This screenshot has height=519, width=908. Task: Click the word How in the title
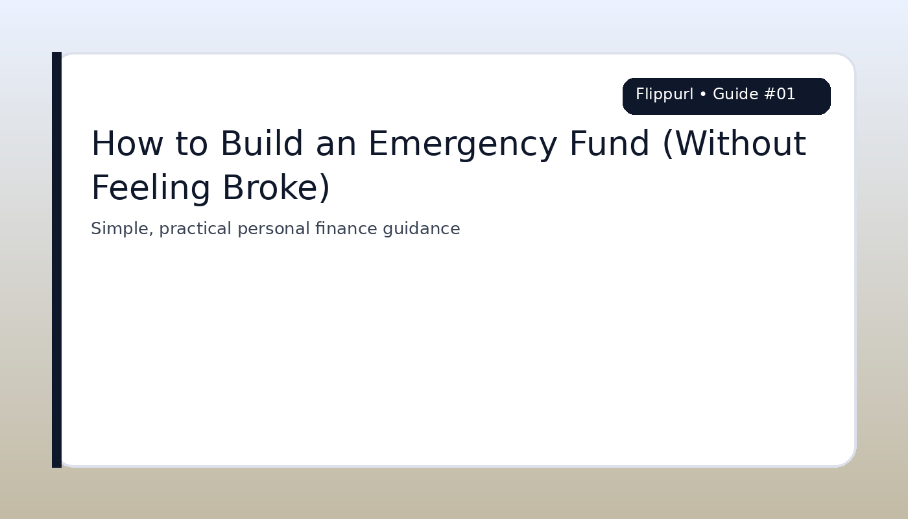point(126,144)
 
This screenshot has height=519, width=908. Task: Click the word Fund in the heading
point(609,144)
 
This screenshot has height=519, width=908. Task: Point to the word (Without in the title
point(734,144)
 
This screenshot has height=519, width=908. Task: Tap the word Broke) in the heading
point(276,189)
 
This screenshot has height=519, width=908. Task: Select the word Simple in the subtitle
point(119,229)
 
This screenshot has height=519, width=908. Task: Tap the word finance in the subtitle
point(346,229)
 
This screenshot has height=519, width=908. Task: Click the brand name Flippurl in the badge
point(664,95)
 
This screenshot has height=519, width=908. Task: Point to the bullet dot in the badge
point(703,95)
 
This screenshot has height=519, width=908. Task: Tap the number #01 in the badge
point(780,95)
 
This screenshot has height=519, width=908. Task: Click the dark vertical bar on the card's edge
point(56,259)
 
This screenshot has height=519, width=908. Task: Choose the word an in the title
point(335,144)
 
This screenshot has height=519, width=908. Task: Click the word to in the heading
point(191,144)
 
